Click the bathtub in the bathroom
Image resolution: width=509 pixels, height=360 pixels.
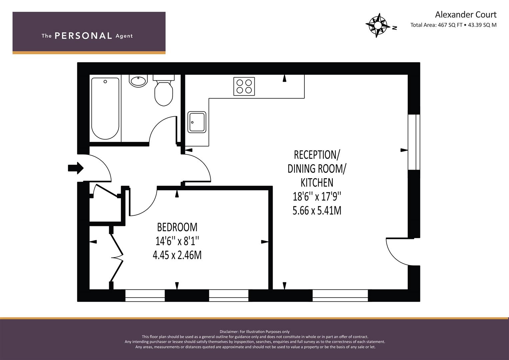[x=105, y=108]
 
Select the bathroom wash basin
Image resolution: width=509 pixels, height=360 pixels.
[x=138, y=81]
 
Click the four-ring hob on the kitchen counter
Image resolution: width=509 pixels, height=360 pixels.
[x=244, y=86]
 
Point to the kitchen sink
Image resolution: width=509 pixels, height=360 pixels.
[x=197, y=122]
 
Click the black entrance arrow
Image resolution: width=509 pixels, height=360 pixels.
[x=76, y=168]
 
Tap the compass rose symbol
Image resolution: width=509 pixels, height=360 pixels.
[x=377, y=25]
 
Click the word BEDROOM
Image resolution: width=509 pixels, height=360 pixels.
[x=177, y=227]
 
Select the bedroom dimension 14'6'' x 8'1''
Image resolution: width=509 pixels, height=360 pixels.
[x=177, y=241]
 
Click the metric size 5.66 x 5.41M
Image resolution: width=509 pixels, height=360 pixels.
[x=317, y=211]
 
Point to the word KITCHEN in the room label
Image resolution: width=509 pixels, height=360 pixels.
[x=317, y=183]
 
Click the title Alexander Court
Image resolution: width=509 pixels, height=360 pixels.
[x=466, y=15]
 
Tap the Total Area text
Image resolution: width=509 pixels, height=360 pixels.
[x=453, y=25]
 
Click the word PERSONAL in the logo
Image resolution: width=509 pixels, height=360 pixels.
[x=83, y=36]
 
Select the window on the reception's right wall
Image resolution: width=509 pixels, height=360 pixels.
[x=414, y=142]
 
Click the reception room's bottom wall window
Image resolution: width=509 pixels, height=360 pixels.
[x=340, y=295]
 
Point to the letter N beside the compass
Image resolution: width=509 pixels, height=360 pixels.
[x=395, y=28]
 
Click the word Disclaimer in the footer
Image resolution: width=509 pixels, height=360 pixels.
[x=229, y=332]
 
